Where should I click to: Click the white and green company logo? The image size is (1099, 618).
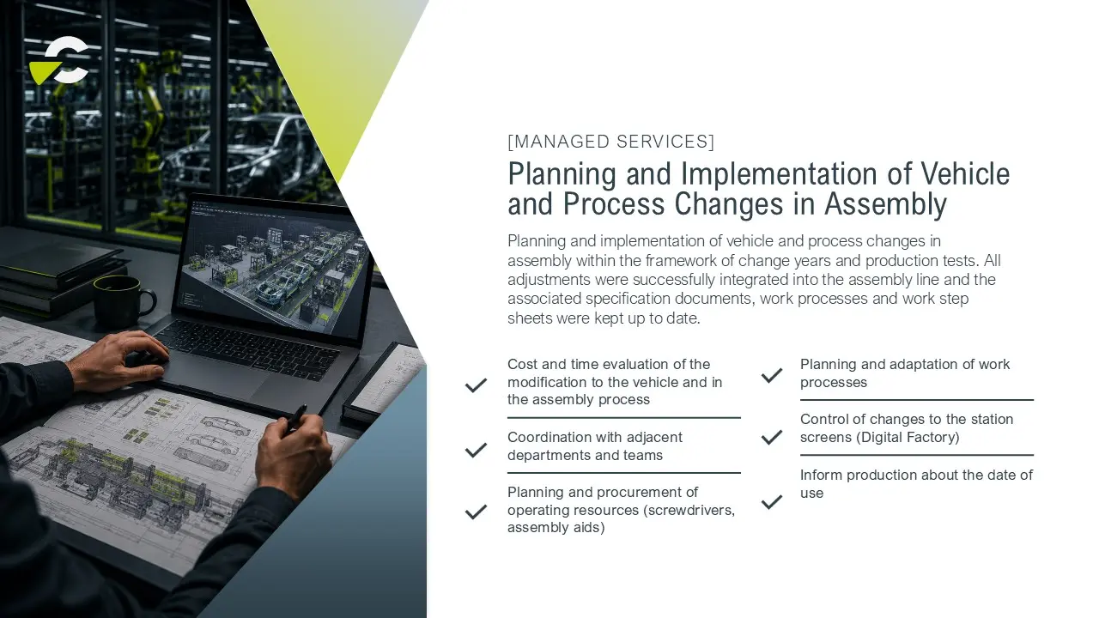point(59,61)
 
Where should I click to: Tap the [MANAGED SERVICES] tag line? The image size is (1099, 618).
point(610,142)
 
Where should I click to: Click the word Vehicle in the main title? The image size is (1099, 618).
point(964,173)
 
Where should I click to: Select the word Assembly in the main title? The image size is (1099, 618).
point(885,204)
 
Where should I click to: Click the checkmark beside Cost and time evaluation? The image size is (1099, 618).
point(476,385)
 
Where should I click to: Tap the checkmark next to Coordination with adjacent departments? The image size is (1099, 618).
point(476,450)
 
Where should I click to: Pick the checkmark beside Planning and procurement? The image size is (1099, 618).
point(476,512)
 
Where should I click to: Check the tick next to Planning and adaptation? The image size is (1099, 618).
point(772,375)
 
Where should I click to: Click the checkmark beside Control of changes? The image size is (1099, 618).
point(772,437)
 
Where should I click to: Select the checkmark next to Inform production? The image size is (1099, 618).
point(772,502)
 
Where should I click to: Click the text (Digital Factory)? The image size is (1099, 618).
point(908,437)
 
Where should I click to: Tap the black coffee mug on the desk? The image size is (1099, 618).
point(124,300)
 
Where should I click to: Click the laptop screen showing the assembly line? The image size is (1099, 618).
point(272,267)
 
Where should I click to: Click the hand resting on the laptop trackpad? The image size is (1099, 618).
point(120,360)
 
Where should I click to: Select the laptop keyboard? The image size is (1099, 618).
point(246,348)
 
